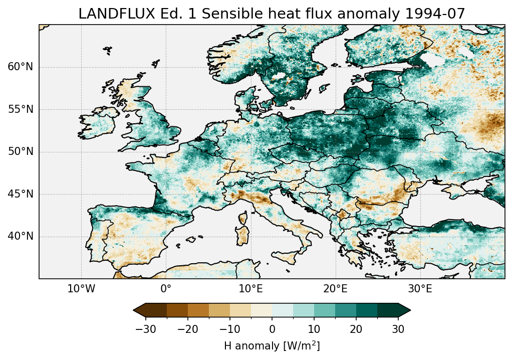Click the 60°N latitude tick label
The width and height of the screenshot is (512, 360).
coord(20,67)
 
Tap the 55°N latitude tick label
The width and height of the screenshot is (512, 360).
coord(20,109)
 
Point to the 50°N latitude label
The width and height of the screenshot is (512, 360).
coord(20,152)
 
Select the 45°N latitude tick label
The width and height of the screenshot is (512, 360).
coord(20,194)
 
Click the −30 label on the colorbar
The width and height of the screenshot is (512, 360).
coord(145,329)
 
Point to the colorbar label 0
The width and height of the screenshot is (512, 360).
coord(272,329)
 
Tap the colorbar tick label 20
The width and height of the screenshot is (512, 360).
coord(356,329)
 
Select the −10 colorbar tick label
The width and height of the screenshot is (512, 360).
coord(229,329)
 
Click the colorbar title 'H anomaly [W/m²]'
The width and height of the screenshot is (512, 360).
coord(272,345)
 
